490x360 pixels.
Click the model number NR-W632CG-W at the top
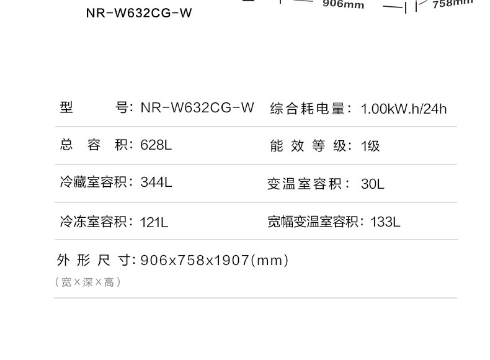point(139,13)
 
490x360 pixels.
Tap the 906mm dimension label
point(343,4)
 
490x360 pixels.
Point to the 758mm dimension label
point(452,4)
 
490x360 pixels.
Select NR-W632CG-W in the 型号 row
point(197,107)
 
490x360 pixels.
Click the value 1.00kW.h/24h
point(404,109)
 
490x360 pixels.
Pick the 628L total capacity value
point(156,145)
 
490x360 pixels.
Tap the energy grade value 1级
point(370,146)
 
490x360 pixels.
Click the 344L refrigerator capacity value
point(156,182)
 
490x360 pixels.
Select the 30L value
point(373,184)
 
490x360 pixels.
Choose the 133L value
point(385,222)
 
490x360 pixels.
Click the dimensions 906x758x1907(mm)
point(215,260)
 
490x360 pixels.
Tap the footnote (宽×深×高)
point(88,282)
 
